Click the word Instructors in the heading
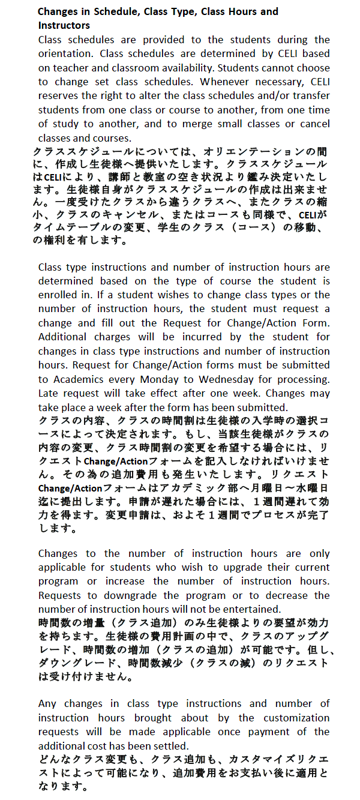tap(64, 25)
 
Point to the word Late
tap(48, 393)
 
